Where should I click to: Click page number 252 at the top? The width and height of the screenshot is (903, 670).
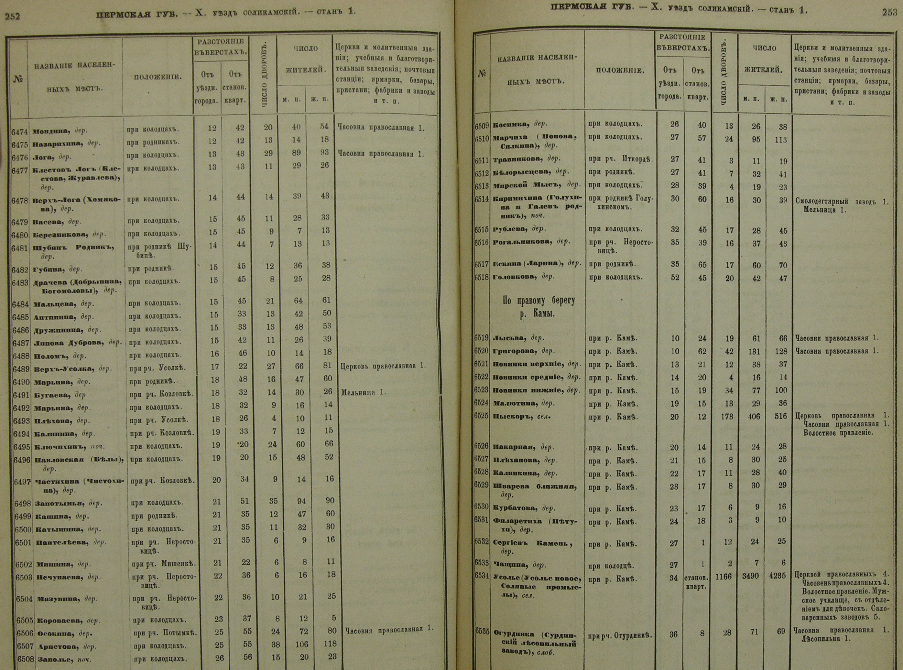click(x=12, y=16)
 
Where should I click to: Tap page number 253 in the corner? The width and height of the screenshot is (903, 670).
click(x=890, y=13)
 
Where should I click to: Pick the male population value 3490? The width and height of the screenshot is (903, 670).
click(x=754, y=576)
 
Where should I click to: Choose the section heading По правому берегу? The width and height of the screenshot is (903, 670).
click(x=538, y=301)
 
